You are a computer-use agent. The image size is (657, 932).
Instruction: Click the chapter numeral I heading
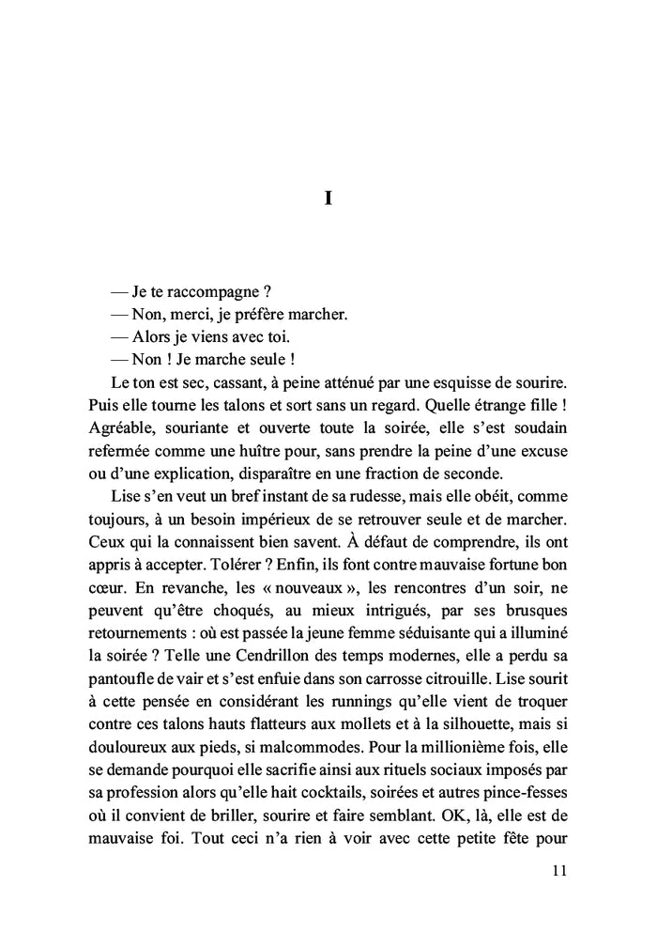coord(328,199)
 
